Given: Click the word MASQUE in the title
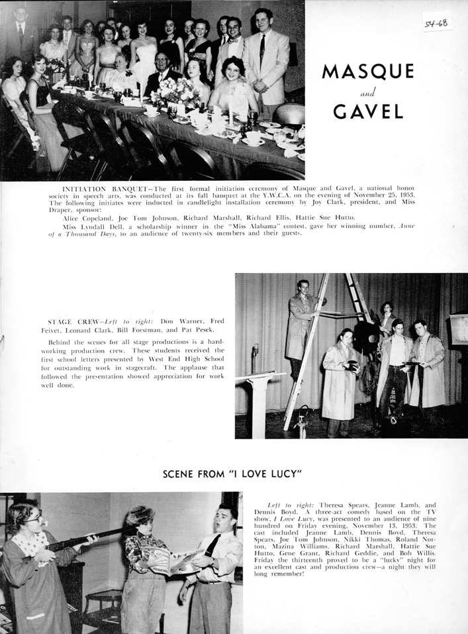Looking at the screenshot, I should click(367, 72).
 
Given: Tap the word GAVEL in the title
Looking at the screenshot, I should click(368, 111).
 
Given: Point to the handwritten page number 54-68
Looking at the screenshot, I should click(436, 25).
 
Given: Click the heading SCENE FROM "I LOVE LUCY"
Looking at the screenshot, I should click(232, 474).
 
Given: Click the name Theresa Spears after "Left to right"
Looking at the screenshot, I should click(334, 505).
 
